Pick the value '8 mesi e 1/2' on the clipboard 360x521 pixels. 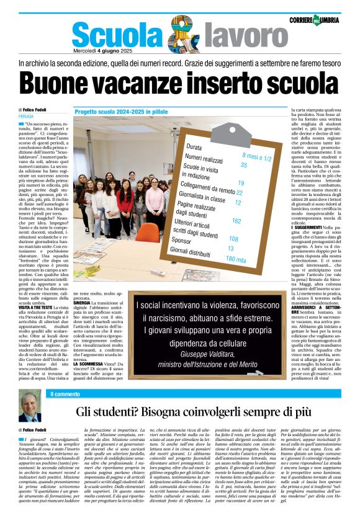[x=256, y=156]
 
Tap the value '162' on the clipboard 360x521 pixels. [x=236, y=221]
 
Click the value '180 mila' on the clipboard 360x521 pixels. [x=236, y=259]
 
